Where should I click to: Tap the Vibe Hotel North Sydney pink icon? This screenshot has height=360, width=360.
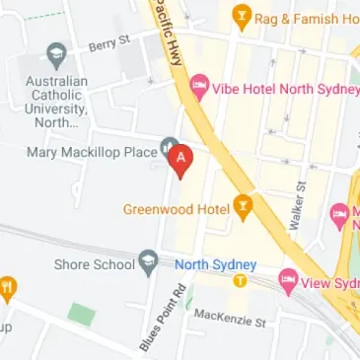198,87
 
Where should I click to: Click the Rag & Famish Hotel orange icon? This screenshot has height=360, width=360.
240,17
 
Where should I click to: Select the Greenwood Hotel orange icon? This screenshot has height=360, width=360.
244,208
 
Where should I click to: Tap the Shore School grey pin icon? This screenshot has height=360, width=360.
149,262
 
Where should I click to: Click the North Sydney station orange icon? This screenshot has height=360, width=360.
240,281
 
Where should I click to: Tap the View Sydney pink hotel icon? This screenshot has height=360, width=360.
288,279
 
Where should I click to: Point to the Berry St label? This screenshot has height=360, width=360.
110,42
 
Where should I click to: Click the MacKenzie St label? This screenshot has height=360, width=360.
230,318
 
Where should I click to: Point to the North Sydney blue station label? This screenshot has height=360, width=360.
215,264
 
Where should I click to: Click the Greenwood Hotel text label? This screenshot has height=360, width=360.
177,209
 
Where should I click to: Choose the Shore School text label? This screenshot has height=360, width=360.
99,264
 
